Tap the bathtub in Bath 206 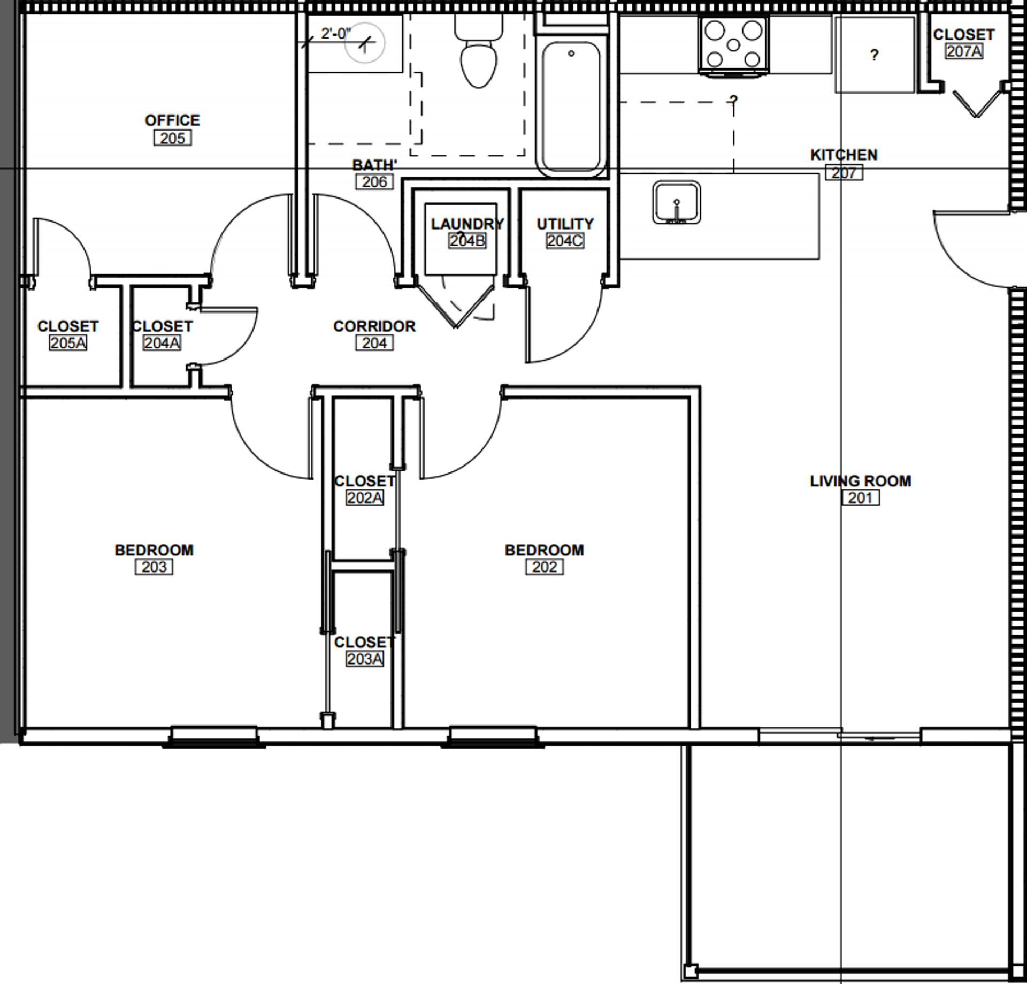571,107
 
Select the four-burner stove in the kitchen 733,45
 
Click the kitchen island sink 677,203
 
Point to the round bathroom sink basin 365,43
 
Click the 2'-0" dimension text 335,34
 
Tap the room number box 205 172,138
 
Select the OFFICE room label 172,120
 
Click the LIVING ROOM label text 860,481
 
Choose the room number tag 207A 963,51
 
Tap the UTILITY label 565,224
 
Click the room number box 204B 467,241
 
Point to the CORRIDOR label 374,326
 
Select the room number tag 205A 68,343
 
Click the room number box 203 154,567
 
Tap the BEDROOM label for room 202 544,550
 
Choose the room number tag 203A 364,659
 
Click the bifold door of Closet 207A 977,104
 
